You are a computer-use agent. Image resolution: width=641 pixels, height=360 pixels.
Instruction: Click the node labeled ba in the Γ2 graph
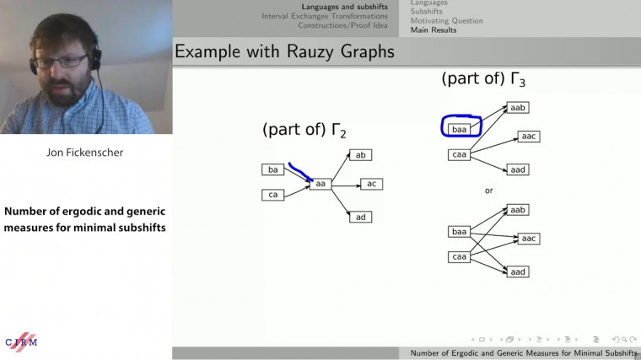click(272, 170)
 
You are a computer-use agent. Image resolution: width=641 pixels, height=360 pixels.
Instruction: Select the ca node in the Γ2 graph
click(272, 195)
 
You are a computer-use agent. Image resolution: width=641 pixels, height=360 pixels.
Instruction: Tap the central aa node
click(320, 183)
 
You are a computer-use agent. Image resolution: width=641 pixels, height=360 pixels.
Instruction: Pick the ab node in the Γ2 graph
click(360, 155)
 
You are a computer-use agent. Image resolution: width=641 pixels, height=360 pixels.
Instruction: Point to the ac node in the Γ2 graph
click(372, 184)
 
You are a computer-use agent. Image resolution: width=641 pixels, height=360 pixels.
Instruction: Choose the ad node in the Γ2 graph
click(360, 218)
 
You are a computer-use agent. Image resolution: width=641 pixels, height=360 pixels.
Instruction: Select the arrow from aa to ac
click(346, 184)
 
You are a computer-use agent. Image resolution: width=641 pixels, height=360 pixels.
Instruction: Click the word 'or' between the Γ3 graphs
click(488, 191)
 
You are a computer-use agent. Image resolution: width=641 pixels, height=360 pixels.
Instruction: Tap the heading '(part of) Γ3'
click(484, 79)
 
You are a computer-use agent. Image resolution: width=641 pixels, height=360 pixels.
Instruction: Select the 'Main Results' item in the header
click(434, 30)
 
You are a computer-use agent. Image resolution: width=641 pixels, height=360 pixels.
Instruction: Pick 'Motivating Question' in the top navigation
click(446, 21)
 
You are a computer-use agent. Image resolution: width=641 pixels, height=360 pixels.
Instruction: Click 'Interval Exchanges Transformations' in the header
click(326, 16)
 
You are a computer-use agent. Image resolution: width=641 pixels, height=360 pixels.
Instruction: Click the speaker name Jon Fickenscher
click(86, 153)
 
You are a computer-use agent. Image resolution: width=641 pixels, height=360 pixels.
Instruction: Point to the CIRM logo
click(22, 340)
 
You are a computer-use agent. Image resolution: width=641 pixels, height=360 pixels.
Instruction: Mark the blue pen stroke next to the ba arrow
click(300, 173)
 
